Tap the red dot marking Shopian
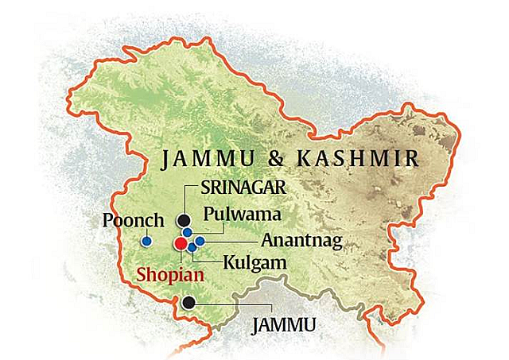pos(181,243)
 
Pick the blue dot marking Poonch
pos(146,241)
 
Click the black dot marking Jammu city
pos(188,303)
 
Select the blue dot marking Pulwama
pos(187,233)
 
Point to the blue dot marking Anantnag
pos(200,241)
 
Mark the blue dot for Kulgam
pos(192,248)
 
